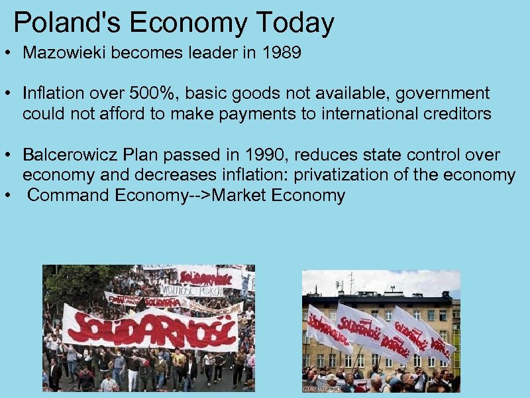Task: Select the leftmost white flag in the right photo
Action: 328,328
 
